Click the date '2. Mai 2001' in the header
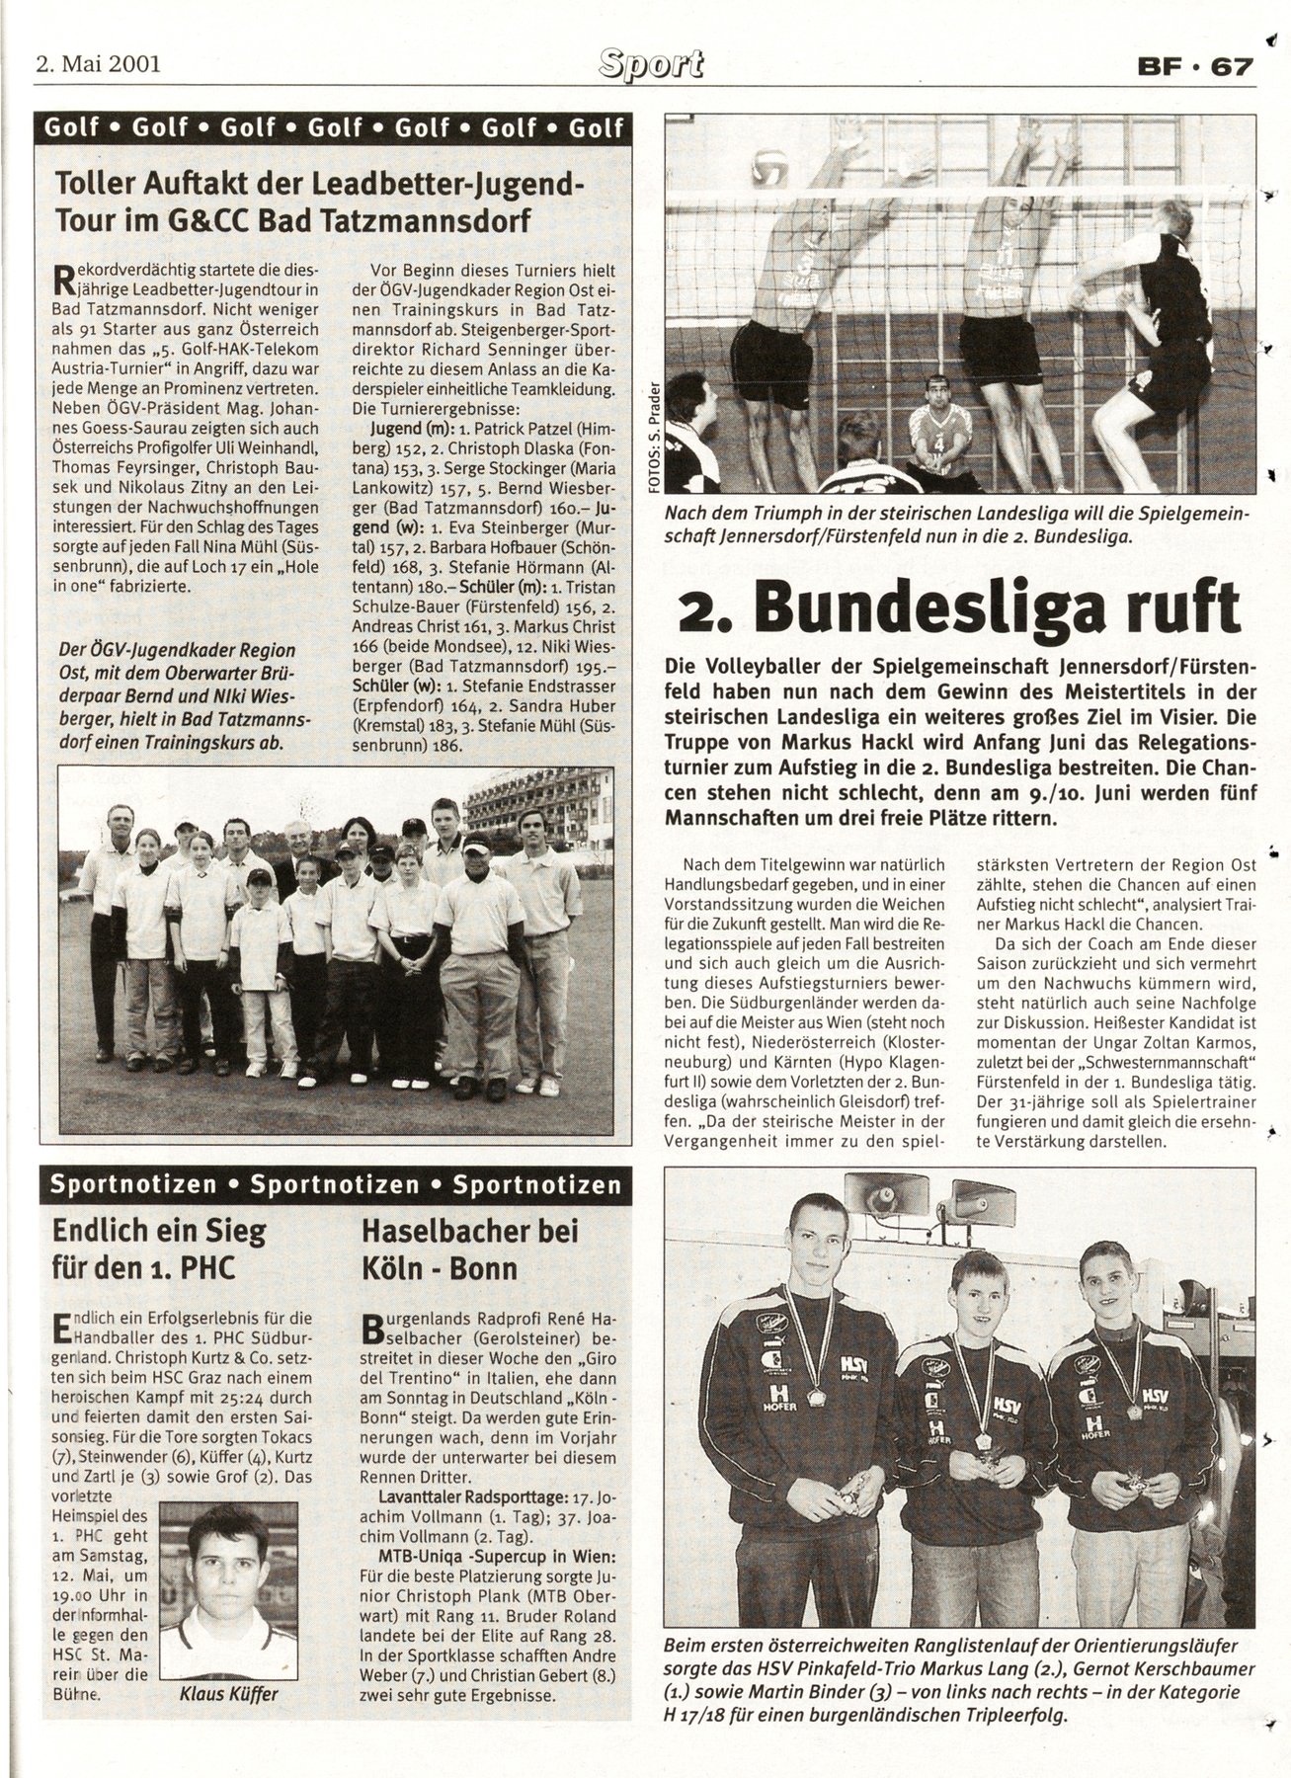[97, 66]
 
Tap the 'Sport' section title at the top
[650, 64]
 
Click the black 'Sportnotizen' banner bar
[333, 1184]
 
